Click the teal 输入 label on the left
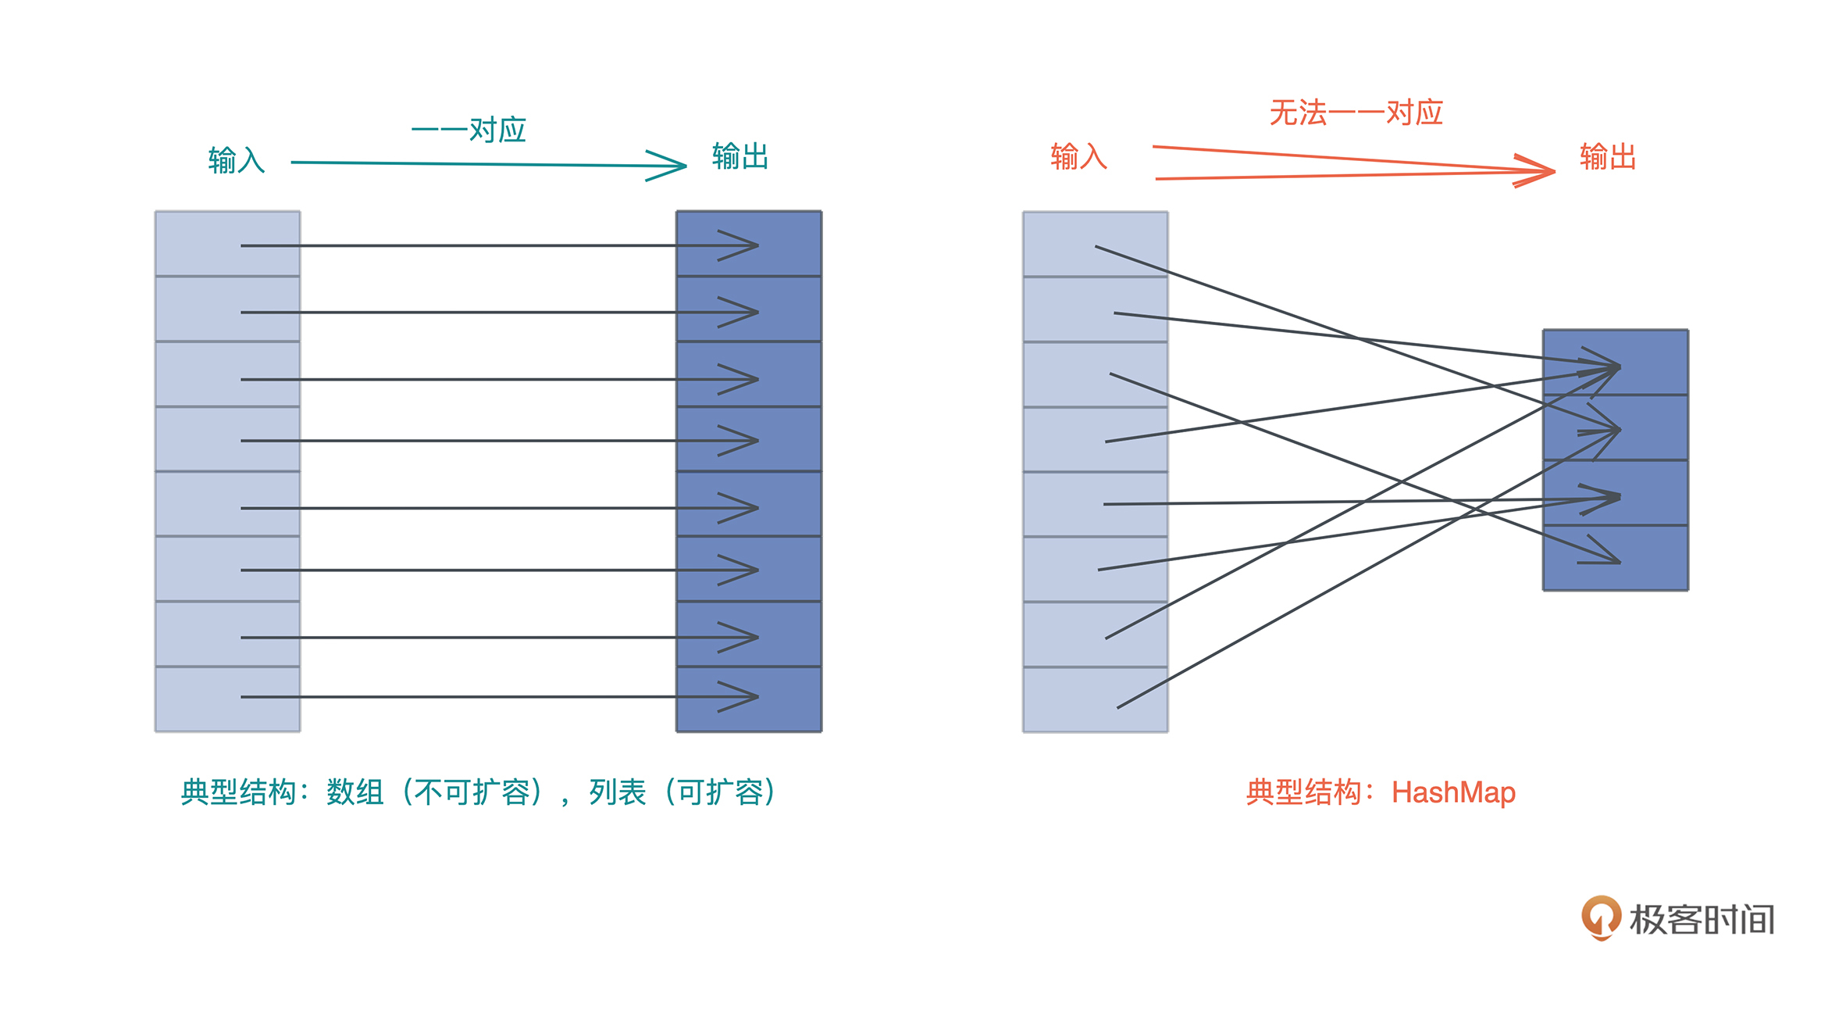tap(236, 160)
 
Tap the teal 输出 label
tap(739, 156)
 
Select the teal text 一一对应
tap(469, 129)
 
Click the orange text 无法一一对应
tap(1356, 113)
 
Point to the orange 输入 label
tap(1078, 156)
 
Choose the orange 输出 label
tap(1607, 156)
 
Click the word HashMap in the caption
tap(1453, 792)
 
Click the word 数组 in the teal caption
tap(355, 792)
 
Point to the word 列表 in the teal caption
tap(617, 792)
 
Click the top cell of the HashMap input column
tap(1062, 243)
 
